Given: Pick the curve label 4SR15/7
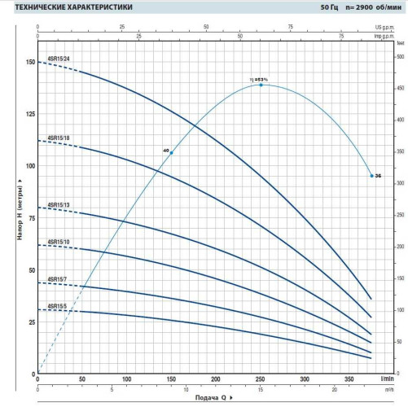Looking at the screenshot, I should click(56, 278).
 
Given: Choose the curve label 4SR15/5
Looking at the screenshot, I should click(56, 306).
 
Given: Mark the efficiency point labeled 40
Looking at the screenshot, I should click(171, 152).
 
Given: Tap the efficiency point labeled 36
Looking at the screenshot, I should click(371, 176).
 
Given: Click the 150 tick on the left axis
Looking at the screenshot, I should click(31, 63).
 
